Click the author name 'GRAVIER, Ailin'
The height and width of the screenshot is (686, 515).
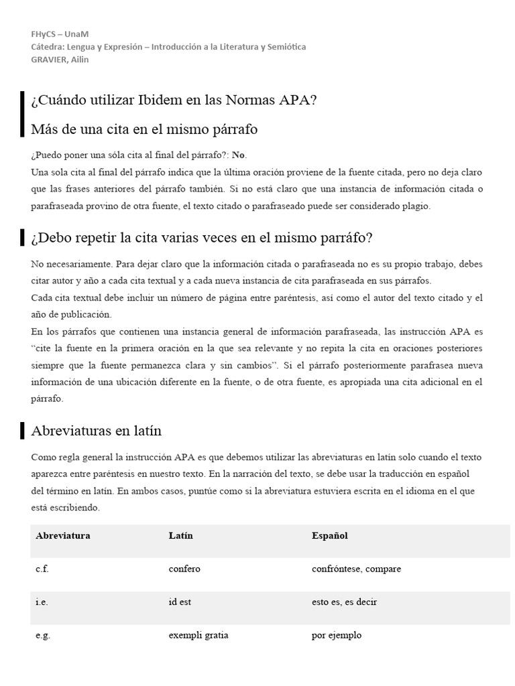coord(60,59)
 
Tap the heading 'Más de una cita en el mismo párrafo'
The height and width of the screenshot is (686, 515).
coord(144,129)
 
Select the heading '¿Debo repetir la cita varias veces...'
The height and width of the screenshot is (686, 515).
coord(201,238)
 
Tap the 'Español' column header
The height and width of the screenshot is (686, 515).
coord(329,536)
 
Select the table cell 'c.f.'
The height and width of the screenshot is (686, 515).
coord(42,569)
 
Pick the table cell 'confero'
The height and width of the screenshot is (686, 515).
coord(184,569)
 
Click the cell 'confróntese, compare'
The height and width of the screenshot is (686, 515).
coord(356,569)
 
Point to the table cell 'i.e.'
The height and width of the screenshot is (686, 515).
coord(42,602)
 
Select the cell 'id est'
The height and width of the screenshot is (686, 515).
coord(180,602)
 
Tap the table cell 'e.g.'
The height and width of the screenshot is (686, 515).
coord(42,634)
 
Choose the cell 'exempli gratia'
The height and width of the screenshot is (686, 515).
coord(198,634)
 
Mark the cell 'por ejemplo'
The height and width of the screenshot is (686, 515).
coord(337,634)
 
